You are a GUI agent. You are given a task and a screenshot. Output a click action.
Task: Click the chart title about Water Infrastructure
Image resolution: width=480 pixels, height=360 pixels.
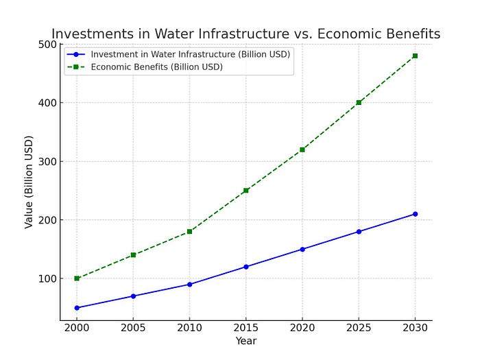click(245, 34)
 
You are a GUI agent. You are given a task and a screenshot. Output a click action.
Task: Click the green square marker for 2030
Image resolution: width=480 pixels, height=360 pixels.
click(415, 56)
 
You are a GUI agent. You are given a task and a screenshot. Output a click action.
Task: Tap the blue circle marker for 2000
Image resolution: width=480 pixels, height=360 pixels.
click(77, 308)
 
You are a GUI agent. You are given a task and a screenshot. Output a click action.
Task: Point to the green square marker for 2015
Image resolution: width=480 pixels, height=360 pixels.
click(246, 191)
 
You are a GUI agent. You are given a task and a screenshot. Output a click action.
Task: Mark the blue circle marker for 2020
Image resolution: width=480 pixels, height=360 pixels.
click(302, 249)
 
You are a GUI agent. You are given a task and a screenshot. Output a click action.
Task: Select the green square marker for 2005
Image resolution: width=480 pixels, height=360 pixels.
click(133, 255)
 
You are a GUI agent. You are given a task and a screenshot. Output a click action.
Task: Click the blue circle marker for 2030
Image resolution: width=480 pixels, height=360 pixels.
click(415, 214)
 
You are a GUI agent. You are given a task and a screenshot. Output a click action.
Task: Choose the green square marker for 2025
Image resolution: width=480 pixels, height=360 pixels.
click(359, 103)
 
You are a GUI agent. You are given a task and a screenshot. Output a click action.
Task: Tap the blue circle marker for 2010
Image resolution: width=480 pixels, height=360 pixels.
click(189, 284)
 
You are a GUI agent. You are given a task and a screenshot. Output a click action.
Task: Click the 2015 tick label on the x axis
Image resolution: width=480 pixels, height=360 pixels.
click(246, 328)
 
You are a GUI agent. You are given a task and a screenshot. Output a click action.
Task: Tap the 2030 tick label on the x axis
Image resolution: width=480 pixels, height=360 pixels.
click(415, 328)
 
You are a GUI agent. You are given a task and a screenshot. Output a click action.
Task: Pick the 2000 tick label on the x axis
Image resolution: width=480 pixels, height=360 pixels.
click(77, 328)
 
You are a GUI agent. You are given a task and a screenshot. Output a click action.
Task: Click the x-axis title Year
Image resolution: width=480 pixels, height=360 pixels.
click(246, 341)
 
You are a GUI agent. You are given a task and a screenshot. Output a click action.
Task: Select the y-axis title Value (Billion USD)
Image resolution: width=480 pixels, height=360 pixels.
click(29, 182)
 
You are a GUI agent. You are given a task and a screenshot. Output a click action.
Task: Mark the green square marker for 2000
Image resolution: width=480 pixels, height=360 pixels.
click(77, 278)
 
